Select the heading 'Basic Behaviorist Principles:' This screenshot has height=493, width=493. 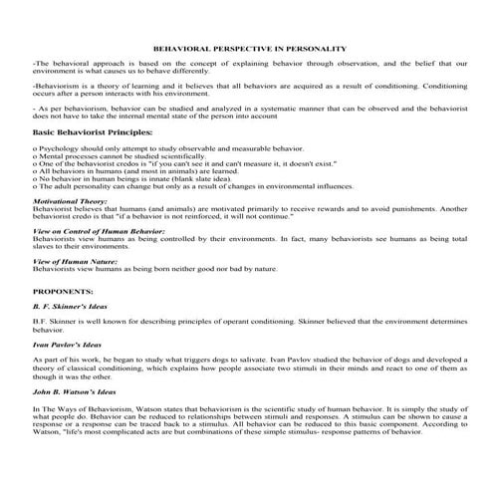coord(80,130)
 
